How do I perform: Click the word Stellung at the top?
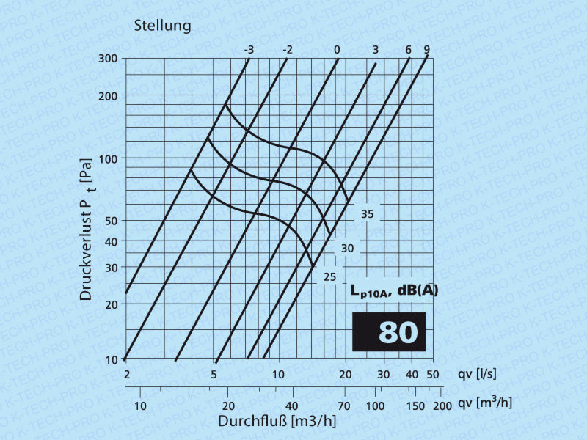click(162, 26)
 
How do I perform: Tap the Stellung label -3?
click(249, 50)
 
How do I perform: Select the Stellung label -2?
click(288, 50)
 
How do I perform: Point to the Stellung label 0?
click(337, 50)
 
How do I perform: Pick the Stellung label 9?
click(426, 50)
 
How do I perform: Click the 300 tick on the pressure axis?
click(108, 59)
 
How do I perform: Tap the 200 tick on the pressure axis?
click(108, 96)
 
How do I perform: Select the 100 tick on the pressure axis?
click(108, 159)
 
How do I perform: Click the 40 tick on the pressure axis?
click(111, 241)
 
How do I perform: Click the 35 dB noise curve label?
click(368, 214)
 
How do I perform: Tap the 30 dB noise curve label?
click(348, 249)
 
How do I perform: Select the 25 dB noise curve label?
click(330, 276)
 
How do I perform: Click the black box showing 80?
click(389, 331)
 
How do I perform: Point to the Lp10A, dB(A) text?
click(394, 291)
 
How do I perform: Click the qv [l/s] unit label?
click(477, 374)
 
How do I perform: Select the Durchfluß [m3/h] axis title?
click(277, 422)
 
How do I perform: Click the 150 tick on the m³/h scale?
click(415, 406)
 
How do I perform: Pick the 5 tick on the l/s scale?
click(214, 375)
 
